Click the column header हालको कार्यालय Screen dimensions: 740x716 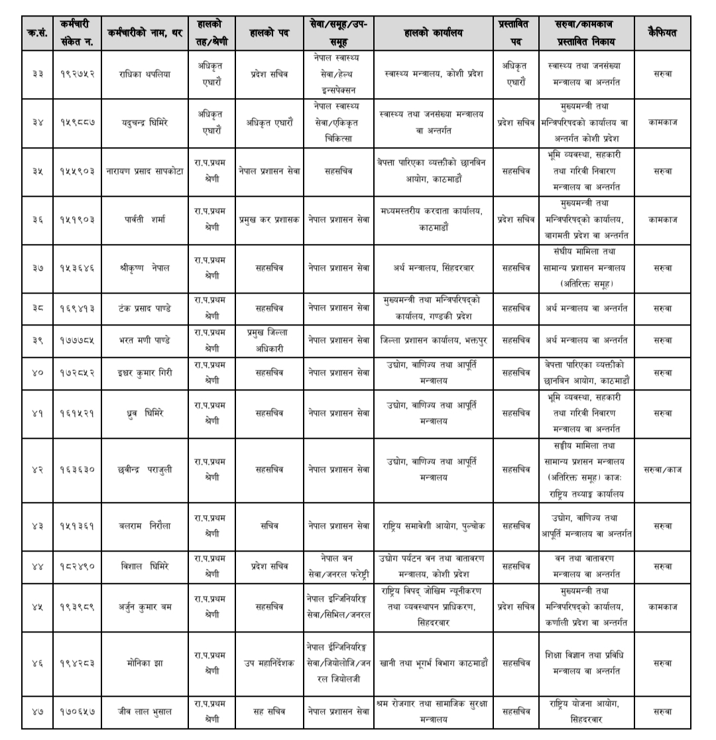click(433, 33)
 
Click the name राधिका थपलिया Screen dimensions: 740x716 click(145, 74)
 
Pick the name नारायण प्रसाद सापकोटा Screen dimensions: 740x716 click(145, 171)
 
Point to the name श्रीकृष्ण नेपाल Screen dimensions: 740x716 click(145, 268)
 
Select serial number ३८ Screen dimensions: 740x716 click(38, 308)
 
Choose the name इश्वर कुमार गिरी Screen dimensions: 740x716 click(145, 373)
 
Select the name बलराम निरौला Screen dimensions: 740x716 click(145, 526)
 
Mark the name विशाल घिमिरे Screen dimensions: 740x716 click(145, 566)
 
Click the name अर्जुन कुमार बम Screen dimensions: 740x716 click(145, 607)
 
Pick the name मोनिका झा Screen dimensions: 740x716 click(145, 662)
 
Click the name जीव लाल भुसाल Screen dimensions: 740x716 click(145, 711)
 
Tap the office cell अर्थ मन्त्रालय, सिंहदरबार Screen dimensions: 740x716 click(433, 268)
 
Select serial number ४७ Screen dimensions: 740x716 click(38, 711)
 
